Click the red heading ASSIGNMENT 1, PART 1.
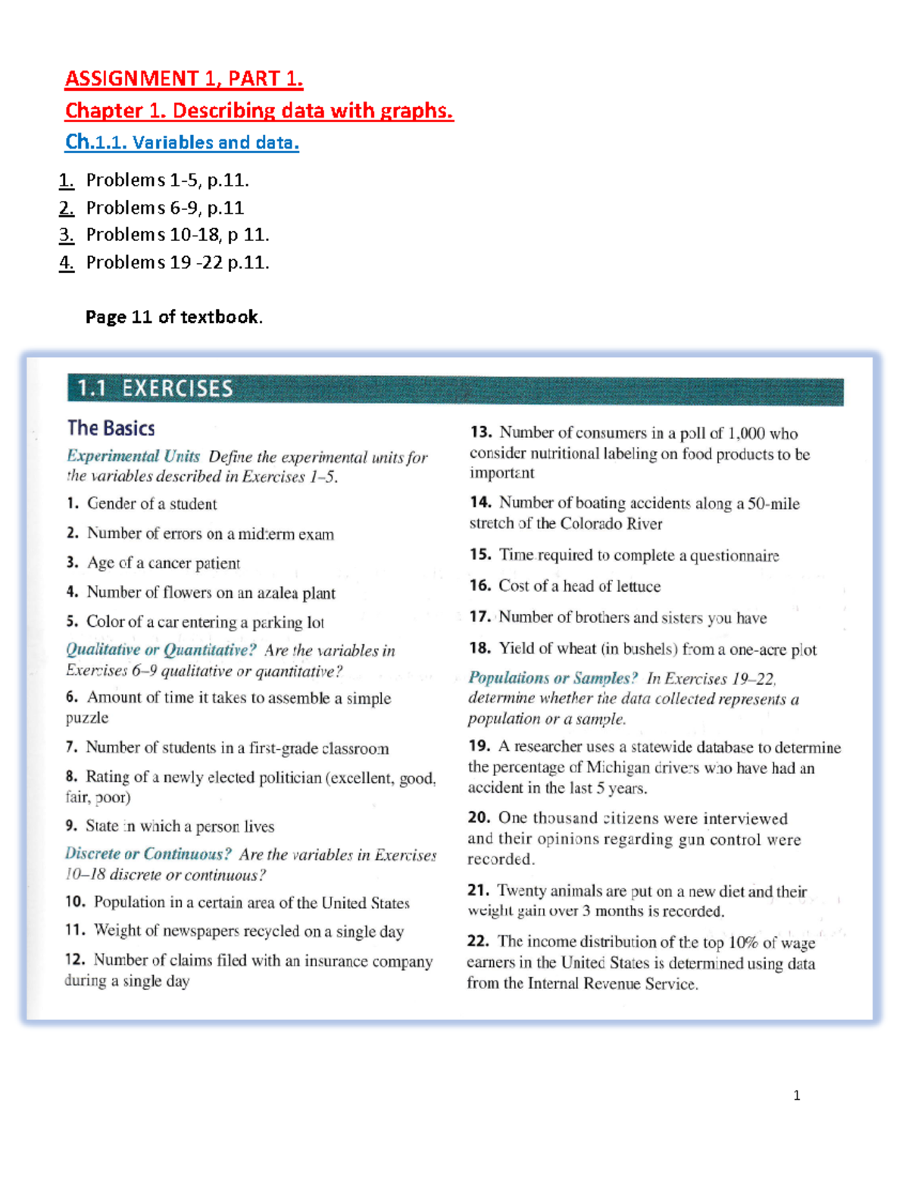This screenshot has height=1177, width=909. click(x=184, y=79)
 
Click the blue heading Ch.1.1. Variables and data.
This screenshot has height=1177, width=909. click(x=182, y=142)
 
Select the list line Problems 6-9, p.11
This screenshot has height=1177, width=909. click(x=164, y=208)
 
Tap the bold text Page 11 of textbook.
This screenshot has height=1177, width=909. click(x=173, y=317)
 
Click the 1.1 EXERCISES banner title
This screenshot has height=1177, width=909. click(x=155, y=389)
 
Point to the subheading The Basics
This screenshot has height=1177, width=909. click(x=111, y=428)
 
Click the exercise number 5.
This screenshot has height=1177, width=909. click(x=72, y=621)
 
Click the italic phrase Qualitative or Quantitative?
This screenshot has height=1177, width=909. click(x=161, y=650)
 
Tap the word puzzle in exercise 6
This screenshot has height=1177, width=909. click(x=87, y=718)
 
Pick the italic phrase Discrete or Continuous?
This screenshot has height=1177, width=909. click(x=148, y=854)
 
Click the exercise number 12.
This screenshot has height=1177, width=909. click(x=74, y=959)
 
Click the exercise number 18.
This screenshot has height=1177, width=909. click(x=479, y=649)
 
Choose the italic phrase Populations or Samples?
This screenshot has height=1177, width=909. click(x=553, y=678)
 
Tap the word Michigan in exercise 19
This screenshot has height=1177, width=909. click(x=617, y=768)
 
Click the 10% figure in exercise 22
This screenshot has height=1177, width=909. click(x=743, y=942)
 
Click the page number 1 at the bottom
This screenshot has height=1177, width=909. click(x=796, y=1095)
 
